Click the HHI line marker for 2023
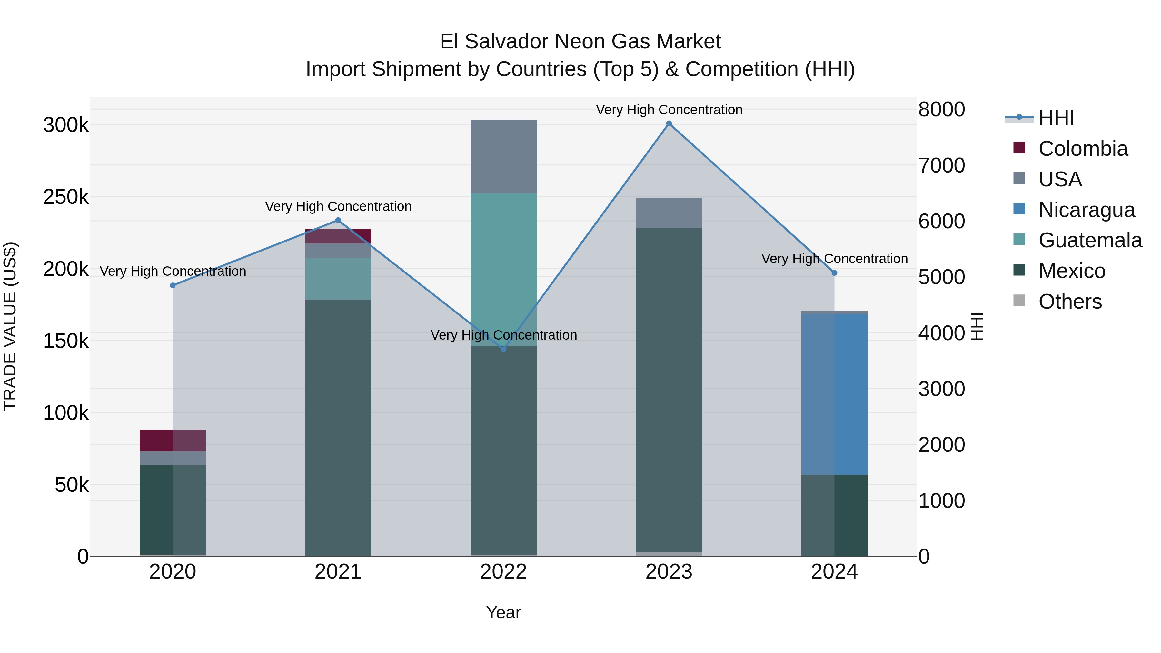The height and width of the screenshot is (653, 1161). coord(669,124)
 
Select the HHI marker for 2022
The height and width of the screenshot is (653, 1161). coord(503,349)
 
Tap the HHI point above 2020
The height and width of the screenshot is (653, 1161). coord(173,285)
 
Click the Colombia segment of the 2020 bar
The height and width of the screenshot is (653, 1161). coord(173,440)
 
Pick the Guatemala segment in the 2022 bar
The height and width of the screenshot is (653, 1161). coord(503,270)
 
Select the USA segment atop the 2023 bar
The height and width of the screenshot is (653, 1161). coord(669,213)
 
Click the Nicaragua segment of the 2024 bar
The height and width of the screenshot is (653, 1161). coord(834,394)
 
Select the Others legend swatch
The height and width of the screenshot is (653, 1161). coord(1019,301)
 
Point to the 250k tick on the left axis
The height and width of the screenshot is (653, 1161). coord(66,197)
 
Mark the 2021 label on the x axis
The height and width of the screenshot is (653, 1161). coord(338,572)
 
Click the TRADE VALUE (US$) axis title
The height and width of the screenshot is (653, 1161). coord(10,326)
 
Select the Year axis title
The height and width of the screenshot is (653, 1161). coord(503,612)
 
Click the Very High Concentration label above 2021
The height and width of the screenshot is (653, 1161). coord(338,206)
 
